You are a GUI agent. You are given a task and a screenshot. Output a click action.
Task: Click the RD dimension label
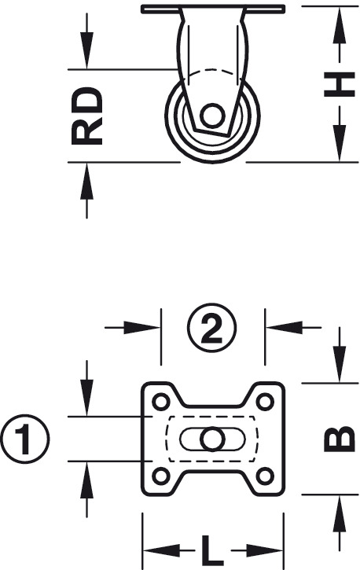point(86,116)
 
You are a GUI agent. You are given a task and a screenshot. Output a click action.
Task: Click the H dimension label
point(340,85)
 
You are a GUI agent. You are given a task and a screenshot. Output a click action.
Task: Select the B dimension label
point(340,439)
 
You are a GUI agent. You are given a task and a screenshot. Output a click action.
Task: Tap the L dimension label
point(212,551)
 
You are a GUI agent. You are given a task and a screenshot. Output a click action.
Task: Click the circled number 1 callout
point(24,439)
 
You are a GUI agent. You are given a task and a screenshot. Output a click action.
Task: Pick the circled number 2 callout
point(211,328)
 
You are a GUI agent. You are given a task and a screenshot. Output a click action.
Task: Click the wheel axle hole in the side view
point(211,116)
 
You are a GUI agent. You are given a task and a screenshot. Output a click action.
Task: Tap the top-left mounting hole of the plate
point(161,402)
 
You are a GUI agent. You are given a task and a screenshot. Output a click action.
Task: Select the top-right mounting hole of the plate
point(265,402)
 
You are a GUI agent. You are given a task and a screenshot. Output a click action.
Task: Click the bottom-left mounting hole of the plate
point(161,476)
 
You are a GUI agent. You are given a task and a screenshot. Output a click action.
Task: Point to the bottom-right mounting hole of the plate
point(265,476)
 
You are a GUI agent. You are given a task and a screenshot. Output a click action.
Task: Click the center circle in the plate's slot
point(211,439)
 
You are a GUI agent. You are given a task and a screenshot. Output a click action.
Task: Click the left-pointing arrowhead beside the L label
point(162,551)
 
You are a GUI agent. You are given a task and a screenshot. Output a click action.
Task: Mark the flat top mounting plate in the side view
point(213,9)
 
